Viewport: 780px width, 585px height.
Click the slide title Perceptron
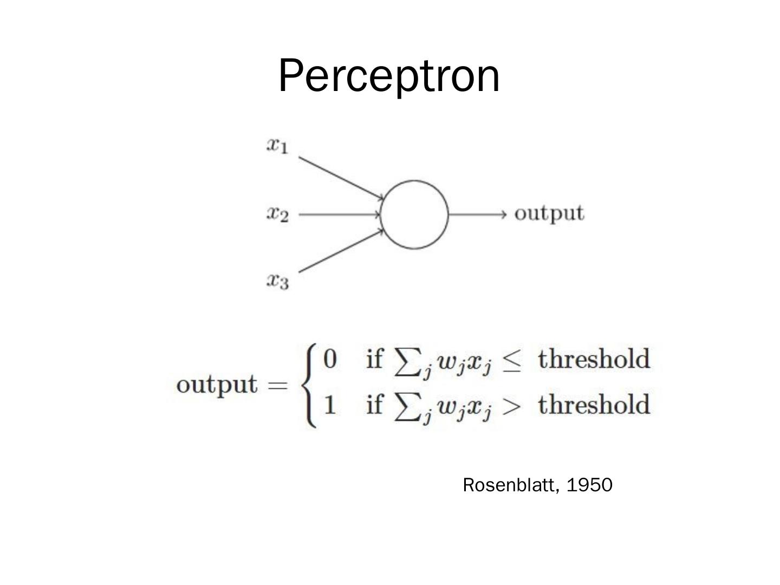tap(389, 76)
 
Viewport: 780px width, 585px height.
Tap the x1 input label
tap(277, 145)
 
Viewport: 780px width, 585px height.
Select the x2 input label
tap(277, 214)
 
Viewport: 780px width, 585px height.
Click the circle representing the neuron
tap(414, 214)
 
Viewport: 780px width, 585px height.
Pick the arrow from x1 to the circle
tap(341, 178)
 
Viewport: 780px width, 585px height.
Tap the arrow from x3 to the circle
tap(341, 250)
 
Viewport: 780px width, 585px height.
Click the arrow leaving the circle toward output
tap(477, 214)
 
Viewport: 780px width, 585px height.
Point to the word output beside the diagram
tap(549, 213)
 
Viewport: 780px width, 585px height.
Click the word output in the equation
tap(217, 385)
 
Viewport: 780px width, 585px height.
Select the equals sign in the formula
tap(279, 385)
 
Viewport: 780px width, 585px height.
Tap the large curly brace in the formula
tap(310, 386)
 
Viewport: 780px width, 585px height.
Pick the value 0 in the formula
tap(329, 359)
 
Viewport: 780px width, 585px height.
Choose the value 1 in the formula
tap(329, 405)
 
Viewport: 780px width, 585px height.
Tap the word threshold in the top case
tap(594, 359)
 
